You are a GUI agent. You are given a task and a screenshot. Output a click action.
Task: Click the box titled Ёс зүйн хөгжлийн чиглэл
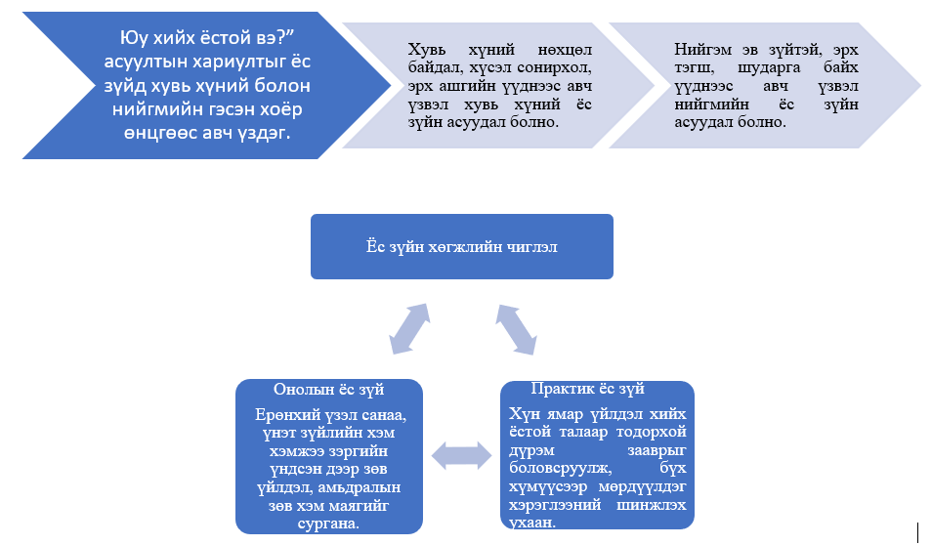click(462, 247)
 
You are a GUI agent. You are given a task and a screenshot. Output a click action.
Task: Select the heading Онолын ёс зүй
click(328, 390)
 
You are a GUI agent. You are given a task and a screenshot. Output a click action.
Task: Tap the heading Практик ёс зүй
click(588, 389)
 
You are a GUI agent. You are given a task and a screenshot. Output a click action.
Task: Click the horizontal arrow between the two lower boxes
click(461, 456)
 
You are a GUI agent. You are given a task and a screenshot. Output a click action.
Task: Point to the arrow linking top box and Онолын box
click(409, 329)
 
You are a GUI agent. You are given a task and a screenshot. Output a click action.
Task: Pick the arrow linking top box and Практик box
click(517, 330)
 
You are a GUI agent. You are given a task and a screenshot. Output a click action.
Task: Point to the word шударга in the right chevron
click(769, 67)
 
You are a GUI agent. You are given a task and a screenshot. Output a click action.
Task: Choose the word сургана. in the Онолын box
click(328, 524)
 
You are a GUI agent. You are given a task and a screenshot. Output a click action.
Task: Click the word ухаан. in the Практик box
click(532, 523)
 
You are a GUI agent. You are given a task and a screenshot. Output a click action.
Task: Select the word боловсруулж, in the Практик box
click(561, 469)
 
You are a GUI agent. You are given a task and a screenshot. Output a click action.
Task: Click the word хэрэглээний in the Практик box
click(555, 505)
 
